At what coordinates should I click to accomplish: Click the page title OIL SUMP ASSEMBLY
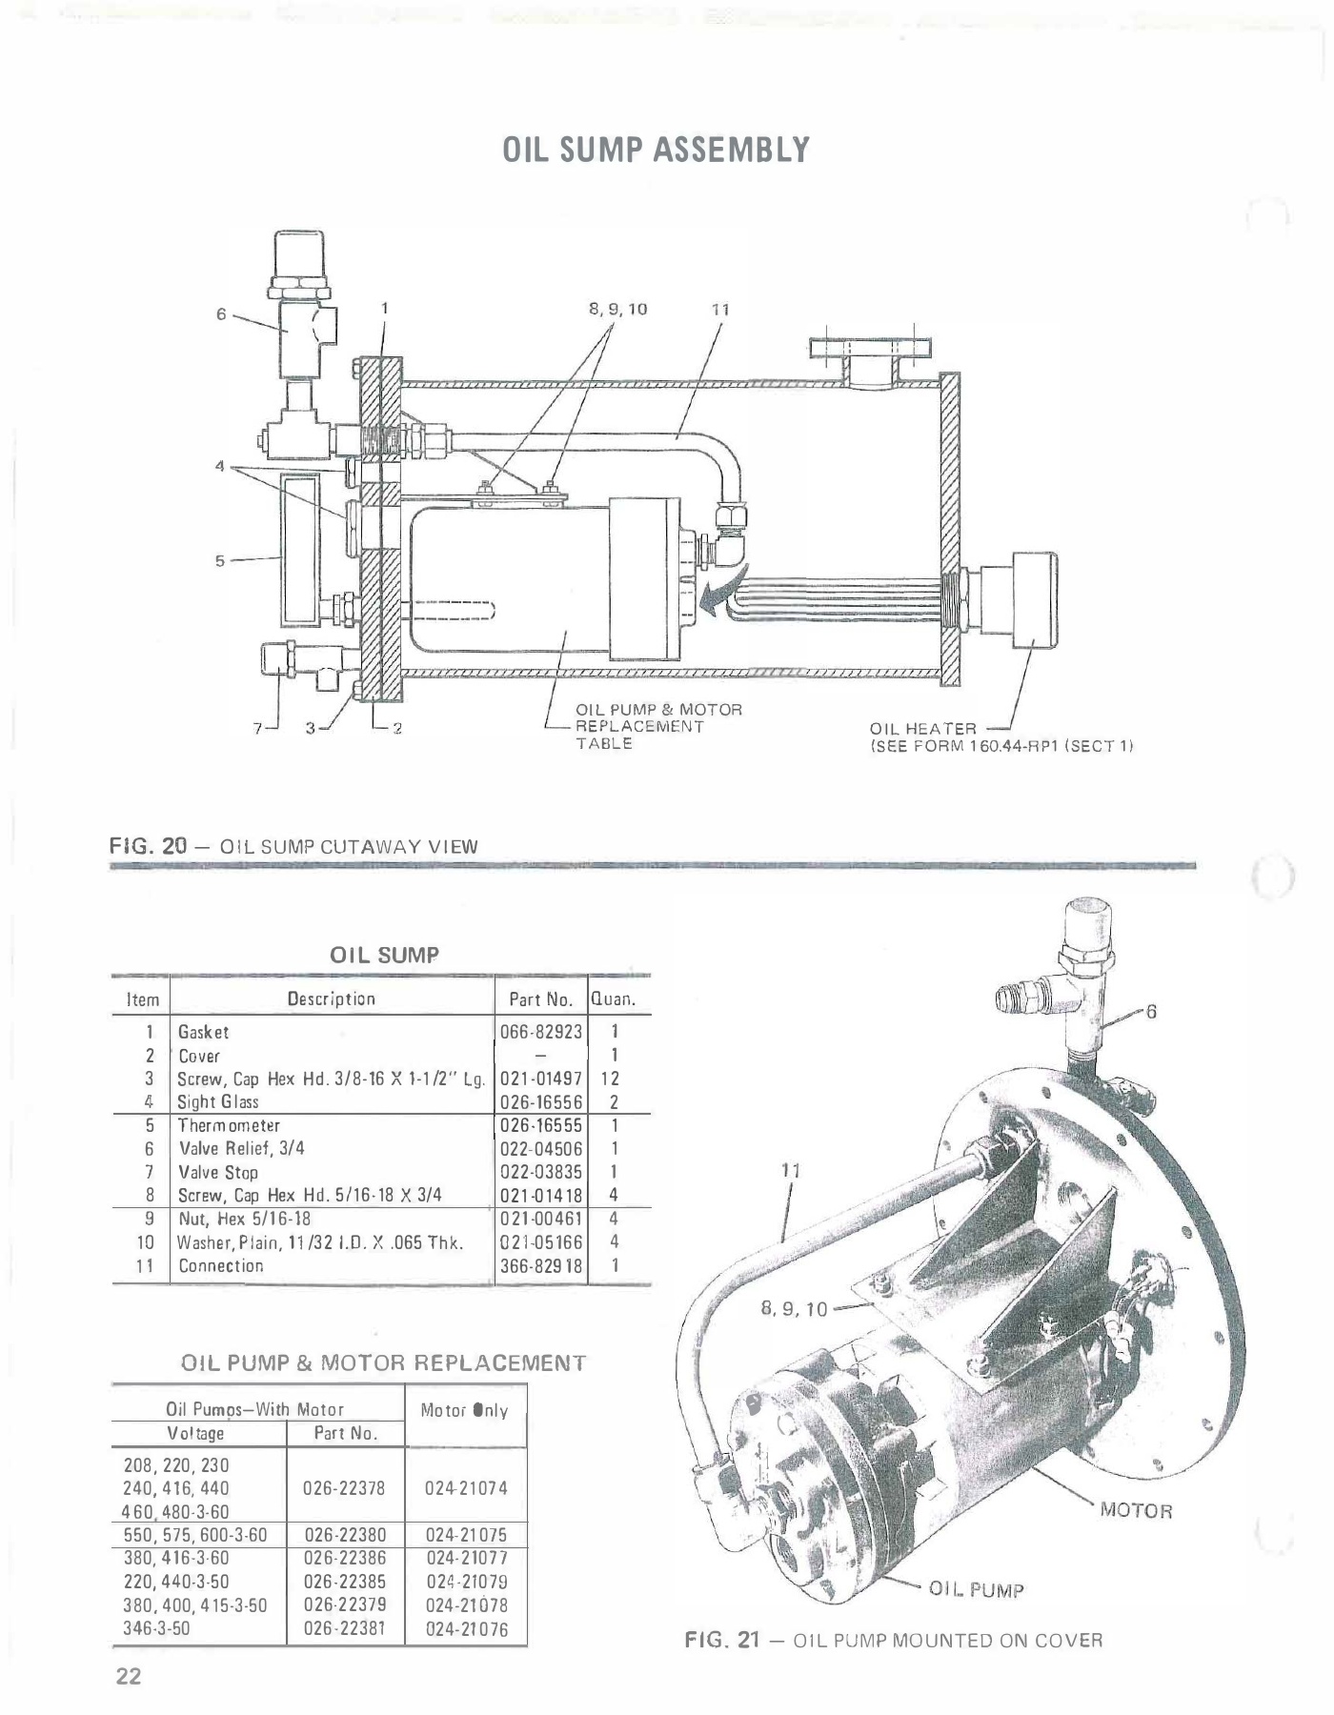tap(657, 151)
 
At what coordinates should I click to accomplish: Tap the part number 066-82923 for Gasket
tap(541, 1032)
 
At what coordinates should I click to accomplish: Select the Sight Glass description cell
tap(218, 1101)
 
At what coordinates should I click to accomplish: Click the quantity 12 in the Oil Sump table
tap(615, 1079)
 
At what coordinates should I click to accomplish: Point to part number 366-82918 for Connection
tap(541, 1265)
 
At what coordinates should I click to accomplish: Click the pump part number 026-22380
tap(345, 1535)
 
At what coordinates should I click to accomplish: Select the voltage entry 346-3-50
tap(157, 1628)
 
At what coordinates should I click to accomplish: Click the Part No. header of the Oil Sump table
tap(540, 999)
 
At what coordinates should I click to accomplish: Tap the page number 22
tap(129, 1676)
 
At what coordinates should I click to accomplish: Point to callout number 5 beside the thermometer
tap(219, 561)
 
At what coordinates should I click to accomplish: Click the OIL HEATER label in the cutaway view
tap(923, 729)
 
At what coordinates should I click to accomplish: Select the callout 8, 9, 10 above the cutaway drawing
tap(619, 309)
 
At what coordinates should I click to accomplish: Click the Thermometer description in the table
tap(230, 1125)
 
